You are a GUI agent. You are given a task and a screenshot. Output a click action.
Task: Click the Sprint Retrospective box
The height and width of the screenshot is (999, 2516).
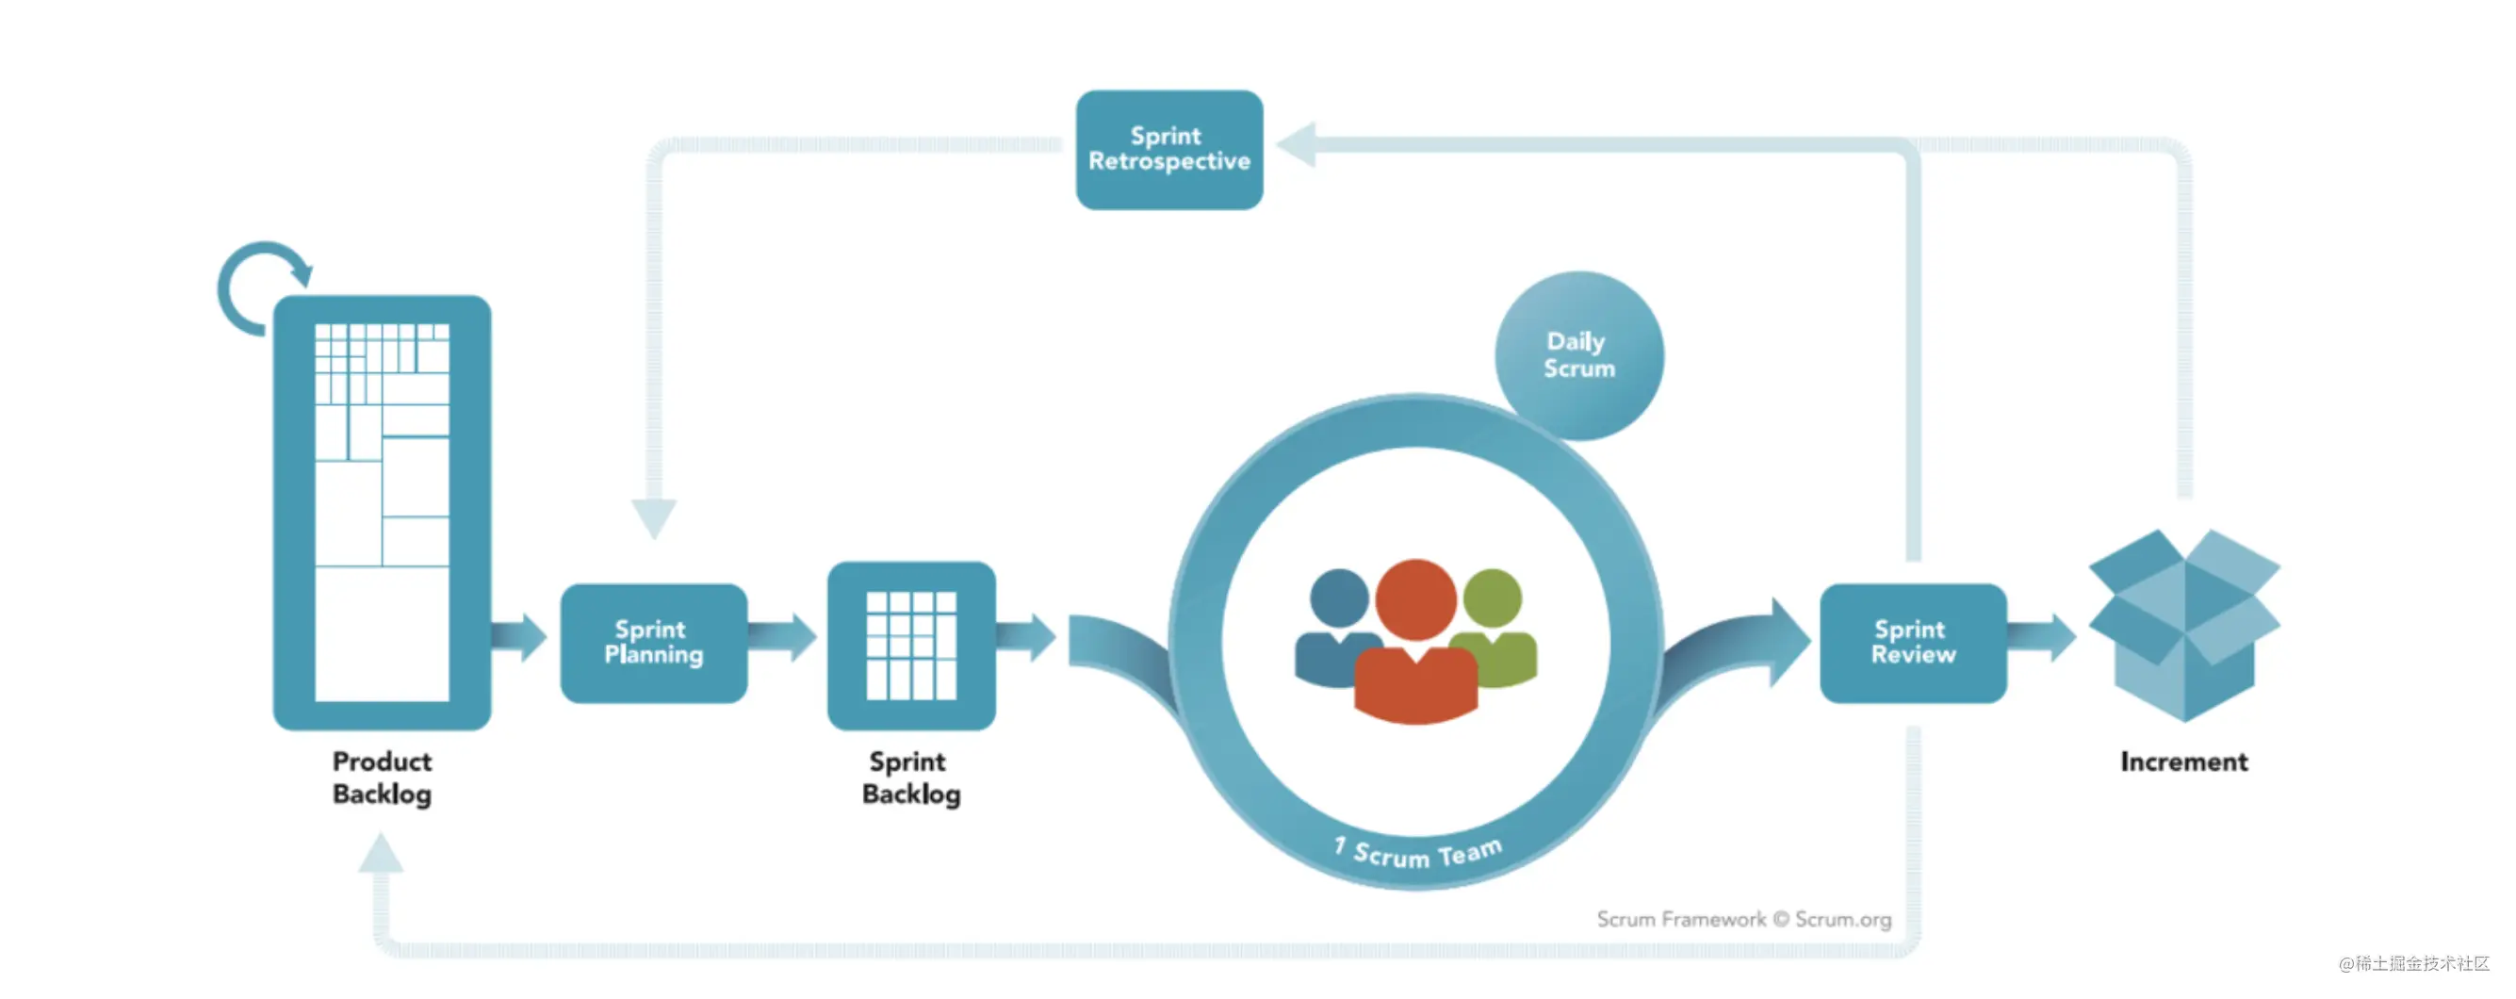pos(1169,150)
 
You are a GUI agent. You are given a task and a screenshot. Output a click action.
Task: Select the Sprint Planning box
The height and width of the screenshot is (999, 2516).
pos(653,643)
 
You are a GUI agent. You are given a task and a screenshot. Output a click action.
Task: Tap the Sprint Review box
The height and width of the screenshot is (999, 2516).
pos(1913,643)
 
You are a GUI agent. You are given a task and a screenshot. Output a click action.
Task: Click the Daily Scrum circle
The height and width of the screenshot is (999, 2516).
pos(1579,355)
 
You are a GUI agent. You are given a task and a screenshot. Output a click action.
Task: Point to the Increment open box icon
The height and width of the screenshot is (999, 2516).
pos(2184,625)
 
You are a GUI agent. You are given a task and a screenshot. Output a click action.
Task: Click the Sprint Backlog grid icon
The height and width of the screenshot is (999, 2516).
pos(911,646)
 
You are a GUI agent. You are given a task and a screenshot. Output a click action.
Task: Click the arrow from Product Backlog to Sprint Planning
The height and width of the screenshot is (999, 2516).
pos(518,638)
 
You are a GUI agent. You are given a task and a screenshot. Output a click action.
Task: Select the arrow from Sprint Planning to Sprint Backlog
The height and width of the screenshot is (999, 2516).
pos(782,638)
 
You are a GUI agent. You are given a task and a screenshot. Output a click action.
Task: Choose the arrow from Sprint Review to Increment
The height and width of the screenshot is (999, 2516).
pos(2042,638)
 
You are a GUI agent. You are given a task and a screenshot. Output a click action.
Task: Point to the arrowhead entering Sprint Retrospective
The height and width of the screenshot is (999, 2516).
pos(1296,144)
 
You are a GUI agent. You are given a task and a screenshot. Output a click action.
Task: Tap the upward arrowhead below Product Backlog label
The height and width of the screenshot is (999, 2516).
pos(380,853)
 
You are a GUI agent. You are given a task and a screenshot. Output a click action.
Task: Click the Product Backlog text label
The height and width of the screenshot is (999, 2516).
pos(382,778)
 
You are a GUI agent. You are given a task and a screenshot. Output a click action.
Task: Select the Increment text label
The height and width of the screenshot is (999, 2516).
pos(2184,762)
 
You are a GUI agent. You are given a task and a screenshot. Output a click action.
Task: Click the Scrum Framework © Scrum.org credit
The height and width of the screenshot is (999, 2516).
pos(1743,919)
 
